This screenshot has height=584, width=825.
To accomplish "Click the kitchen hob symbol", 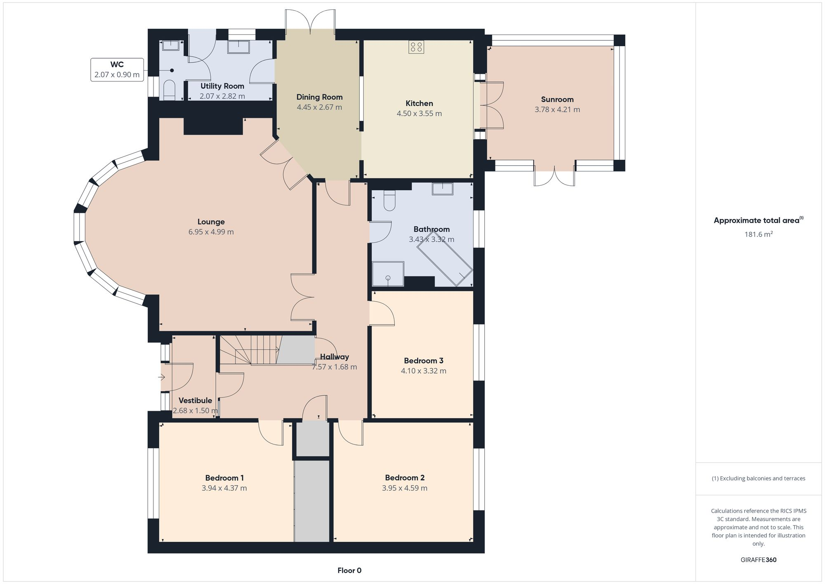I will [416, 47].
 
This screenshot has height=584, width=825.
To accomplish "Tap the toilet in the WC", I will [170, 90].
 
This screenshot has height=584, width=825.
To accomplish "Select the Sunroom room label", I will [557, 99].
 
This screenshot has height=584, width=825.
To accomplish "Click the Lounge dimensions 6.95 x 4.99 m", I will [211, 232].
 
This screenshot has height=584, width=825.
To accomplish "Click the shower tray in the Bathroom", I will [388, 274].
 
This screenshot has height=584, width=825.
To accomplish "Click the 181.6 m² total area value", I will [758, 234].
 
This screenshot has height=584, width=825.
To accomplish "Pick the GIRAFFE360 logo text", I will [758, 560].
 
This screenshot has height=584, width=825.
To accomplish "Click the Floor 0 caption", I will [349, 571].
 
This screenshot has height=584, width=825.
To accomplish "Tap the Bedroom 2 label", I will [405, 478].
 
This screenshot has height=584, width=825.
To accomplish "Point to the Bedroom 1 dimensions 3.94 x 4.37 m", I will [224, 488].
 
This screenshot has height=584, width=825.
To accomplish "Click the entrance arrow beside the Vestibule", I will [161, 377].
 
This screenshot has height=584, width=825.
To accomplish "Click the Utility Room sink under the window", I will [238, 47].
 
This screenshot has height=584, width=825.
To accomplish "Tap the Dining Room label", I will [319, 97].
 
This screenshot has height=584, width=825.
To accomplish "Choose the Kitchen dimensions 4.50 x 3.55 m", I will [419, 113].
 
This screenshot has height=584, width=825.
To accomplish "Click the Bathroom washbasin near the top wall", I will [442, 189].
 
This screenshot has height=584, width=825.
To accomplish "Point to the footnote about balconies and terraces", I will [758, 479].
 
